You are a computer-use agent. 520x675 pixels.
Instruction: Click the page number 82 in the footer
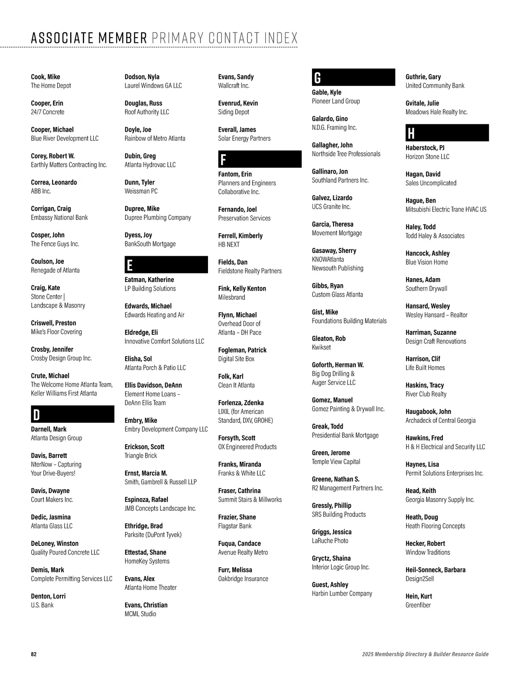34,654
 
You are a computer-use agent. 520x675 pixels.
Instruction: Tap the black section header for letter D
72,414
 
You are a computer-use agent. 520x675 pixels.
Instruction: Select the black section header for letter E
166,265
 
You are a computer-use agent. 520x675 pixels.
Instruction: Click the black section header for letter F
260,159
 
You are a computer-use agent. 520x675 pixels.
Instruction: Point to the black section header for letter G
353,77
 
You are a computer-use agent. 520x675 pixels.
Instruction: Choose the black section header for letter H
447,133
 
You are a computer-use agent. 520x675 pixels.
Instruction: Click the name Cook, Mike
45,77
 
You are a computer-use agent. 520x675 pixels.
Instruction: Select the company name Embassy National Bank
59,217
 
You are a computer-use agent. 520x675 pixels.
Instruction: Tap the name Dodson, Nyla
142,77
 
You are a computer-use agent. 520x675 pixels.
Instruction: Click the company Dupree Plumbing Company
158,217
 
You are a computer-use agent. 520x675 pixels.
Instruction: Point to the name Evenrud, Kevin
238,103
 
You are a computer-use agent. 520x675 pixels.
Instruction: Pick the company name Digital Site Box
236,359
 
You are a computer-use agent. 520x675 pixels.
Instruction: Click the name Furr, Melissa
235,570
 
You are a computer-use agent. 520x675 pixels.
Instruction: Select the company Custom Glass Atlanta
338,295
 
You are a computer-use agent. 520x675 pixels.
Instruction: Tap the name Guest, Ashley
330,584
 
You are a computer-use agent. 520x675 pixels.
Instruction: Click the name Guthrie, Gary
423,77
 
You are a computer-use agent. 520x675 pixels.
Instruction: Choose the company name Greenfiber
418,605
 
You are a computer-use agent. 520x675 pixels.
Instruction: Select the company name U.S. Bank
42,605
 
